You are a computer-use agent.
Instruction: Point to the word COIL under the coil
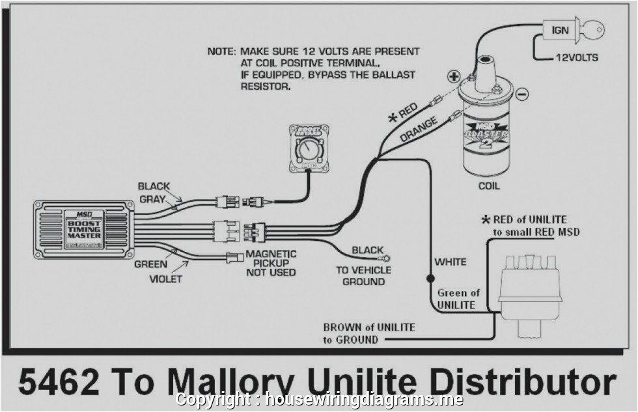pyautogui.click(x=488, y=186)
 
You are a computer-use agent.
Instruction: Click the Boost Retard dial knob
pyautogui.click(x=304, y=154)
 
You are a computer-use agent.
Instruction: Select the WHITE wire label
pyautogui.click(x=451, y=262)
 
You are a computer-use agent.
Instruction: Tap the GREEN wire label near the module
pyautogui.click(x=151, y=265)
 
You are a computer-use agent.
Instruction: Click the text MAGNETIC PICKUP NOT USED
pyautogui.click(x=271, y=263)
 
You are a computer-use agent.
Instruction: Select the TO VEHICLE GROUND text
pyautogui.click(x=363, y=275)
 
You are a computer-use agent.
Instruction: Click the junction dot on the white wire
pyautogui.click(x=430, y=278)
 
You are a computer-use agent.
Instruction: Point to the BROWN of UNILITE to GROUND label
pyautogui.click(x=368, y=333)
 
